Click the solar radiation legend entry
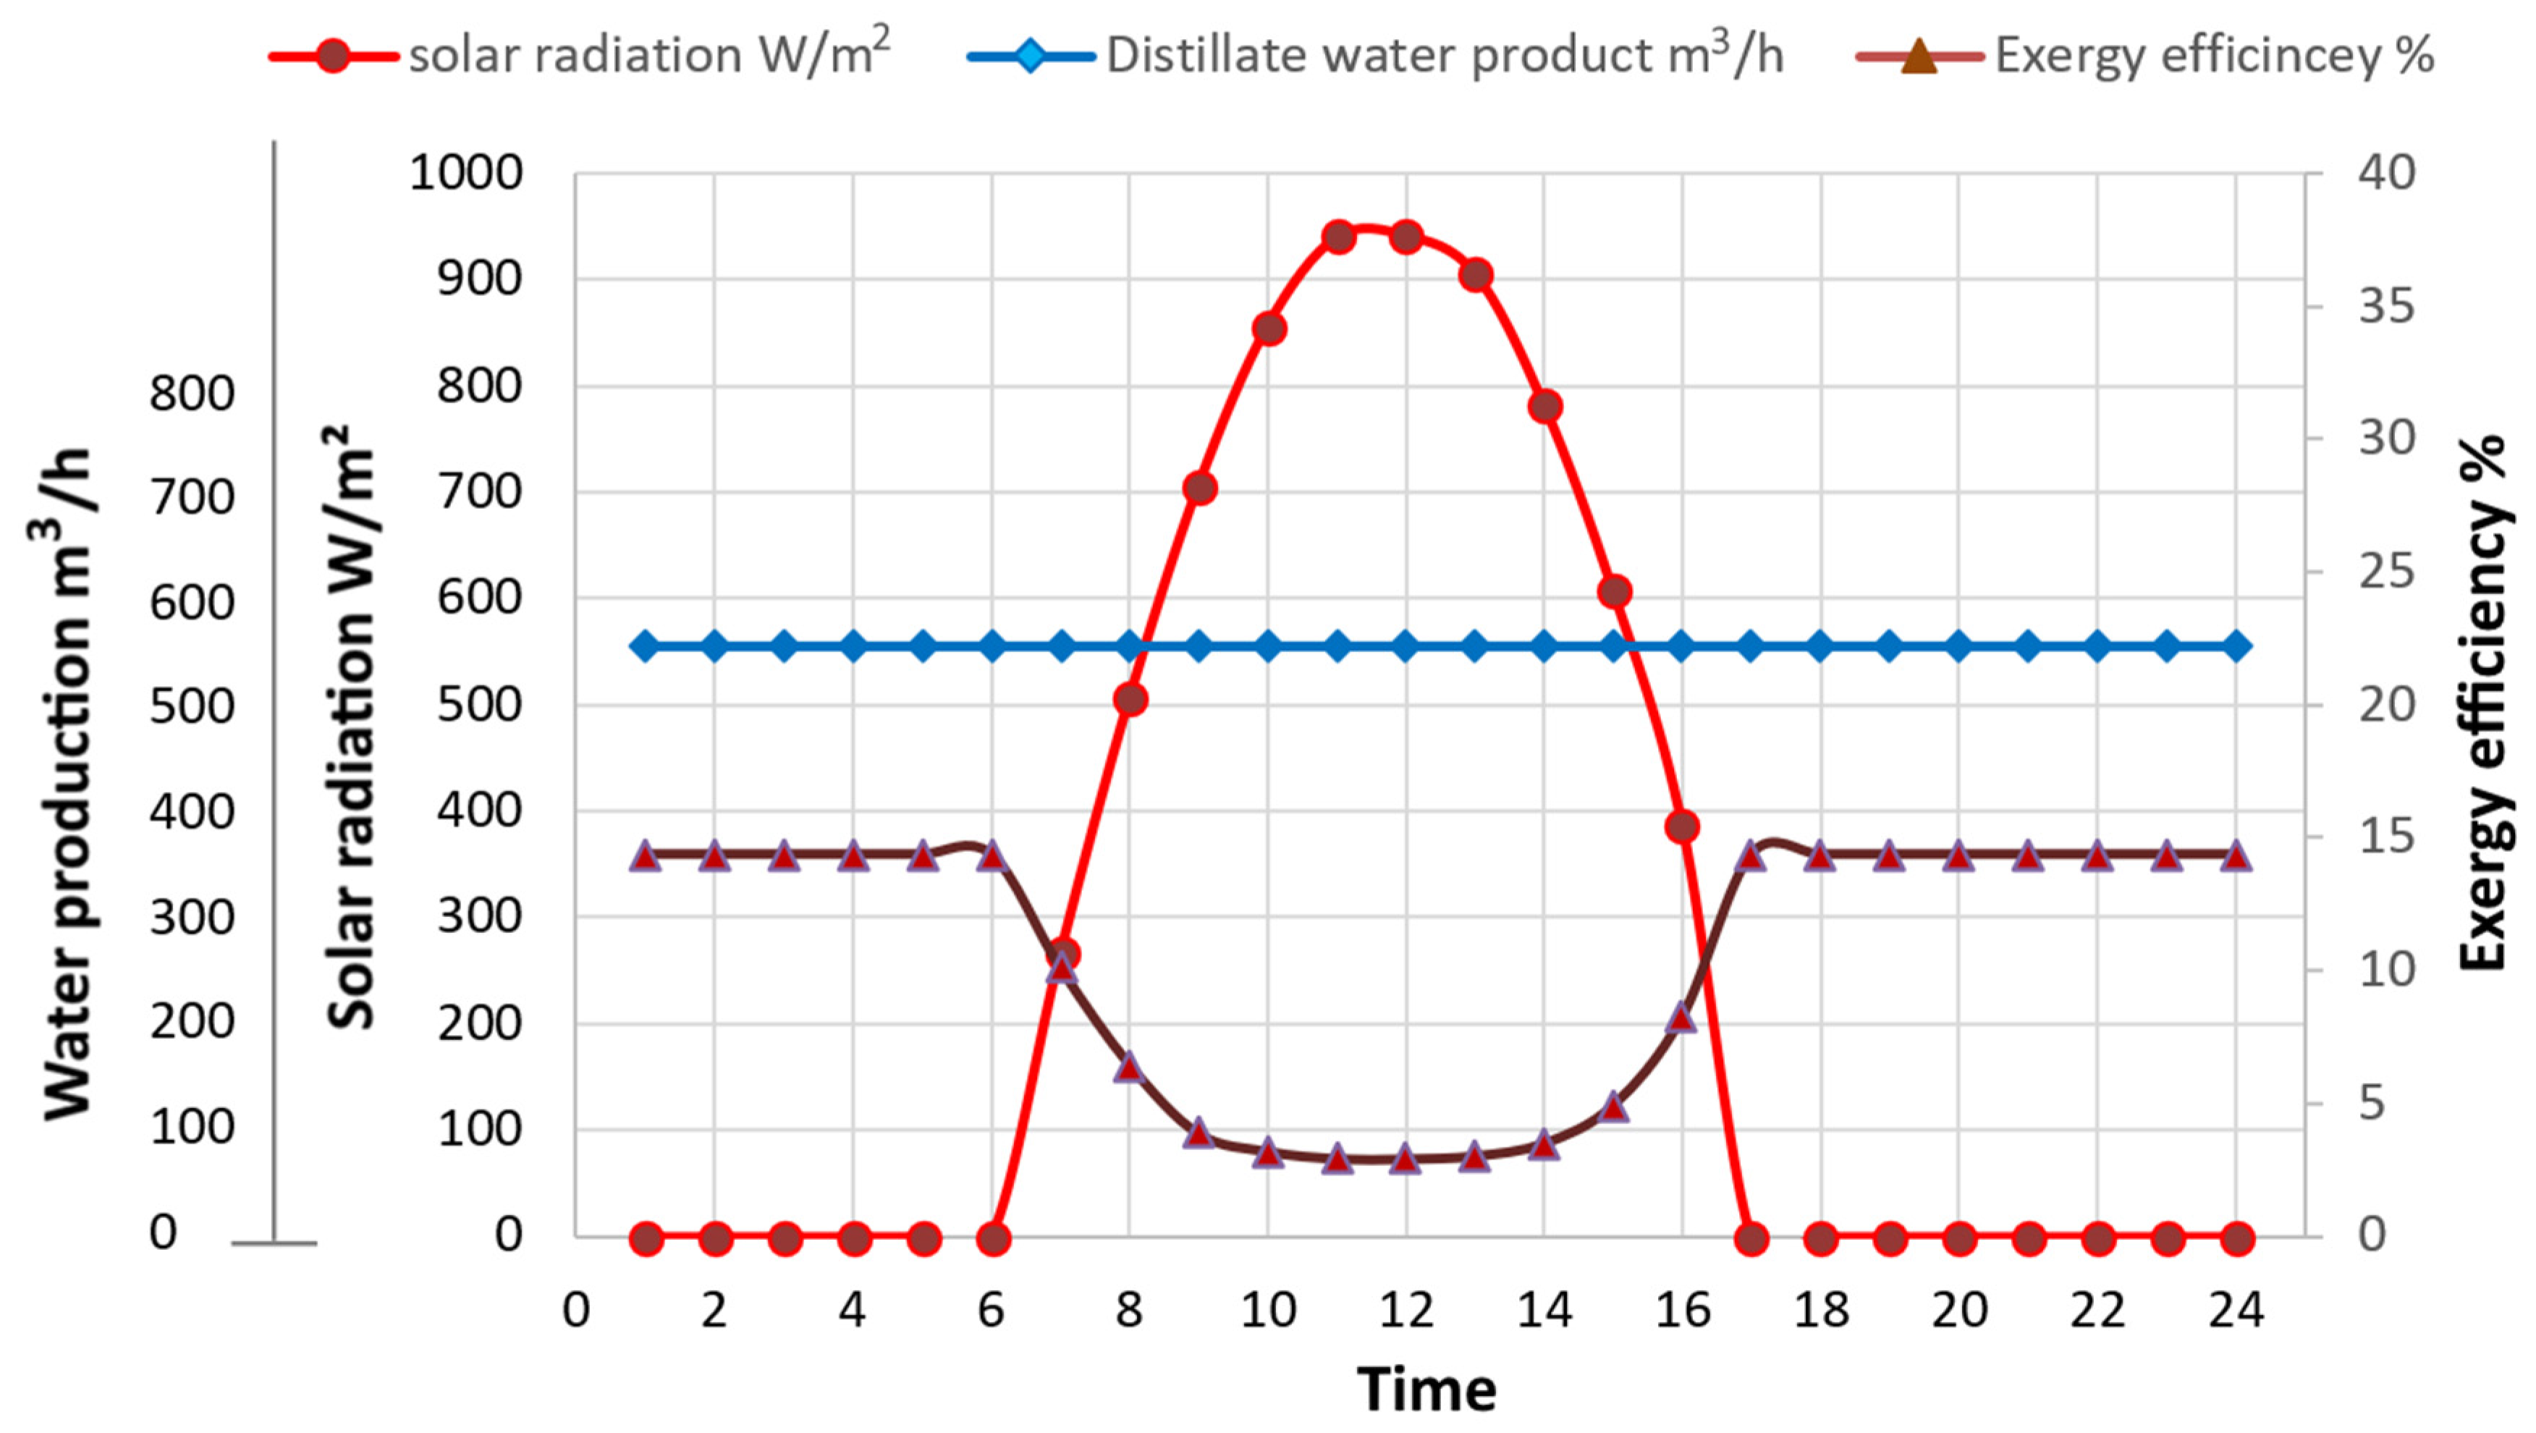581,55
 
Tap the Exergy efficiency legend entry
2146,55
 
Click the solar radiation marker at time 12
1406,237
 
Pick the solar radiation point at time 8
1130,700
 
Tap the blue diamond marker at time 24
2236,646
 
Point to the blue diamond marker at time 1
645,646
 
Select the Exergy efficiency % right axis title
2481,703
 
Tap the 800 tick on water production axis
192,394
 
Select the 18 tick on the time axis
1821,1310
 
